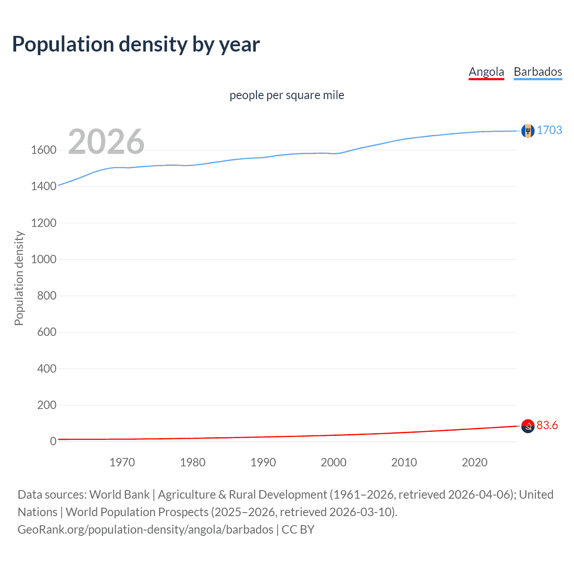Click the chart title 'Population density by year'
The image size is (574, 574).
point(136,44)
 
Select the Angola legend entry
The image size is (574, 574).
point(486,72)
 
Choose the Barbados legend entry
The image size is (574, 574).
point(538,72)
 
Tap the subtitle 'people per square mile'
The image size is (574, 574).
point(287,95)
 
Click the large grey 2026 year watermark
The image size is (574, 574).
point(106,142)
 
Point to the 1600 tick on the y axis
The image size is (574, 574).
point(43,150)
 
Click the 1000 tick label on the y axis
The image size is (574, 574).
point(43,259)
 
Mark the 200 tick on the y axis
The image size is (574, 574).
point(47,405)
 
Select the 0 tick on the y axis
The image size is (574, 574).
point(53,441)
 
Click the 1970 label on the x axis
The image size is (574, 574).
point(122,462)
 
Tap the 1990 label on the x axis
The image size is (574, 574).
point(263,462)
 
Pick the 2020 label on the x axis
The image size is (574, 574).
point(474,462)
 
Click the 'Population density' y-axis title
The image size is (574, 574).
point(19,278)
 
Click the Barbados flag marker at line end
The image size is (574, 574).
point(528,130)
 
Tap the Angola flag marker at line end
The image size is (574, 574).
point(528,426)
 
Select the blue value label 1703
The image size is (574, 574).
point(549,130)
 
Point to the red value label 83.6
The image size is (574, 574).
point(547,425)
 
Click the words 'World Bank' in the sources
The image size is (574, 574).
point(119,495)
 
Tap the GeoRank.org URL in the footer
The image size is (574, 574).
point(145,530)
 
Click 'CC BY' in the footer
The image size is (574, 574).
point(298,530)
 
